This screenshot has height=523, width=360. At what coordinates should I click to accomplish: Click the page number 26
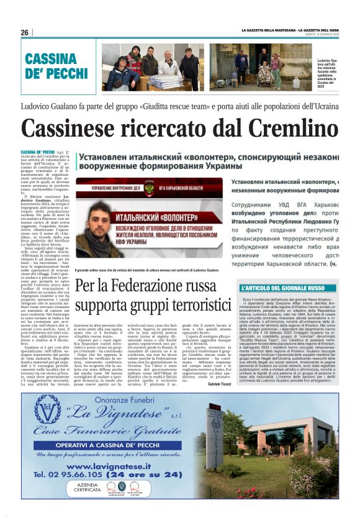(x=24, y=32)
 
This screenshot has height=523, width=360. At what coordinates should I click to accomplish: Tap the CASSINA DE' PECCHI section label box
(x=57, y=65)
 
